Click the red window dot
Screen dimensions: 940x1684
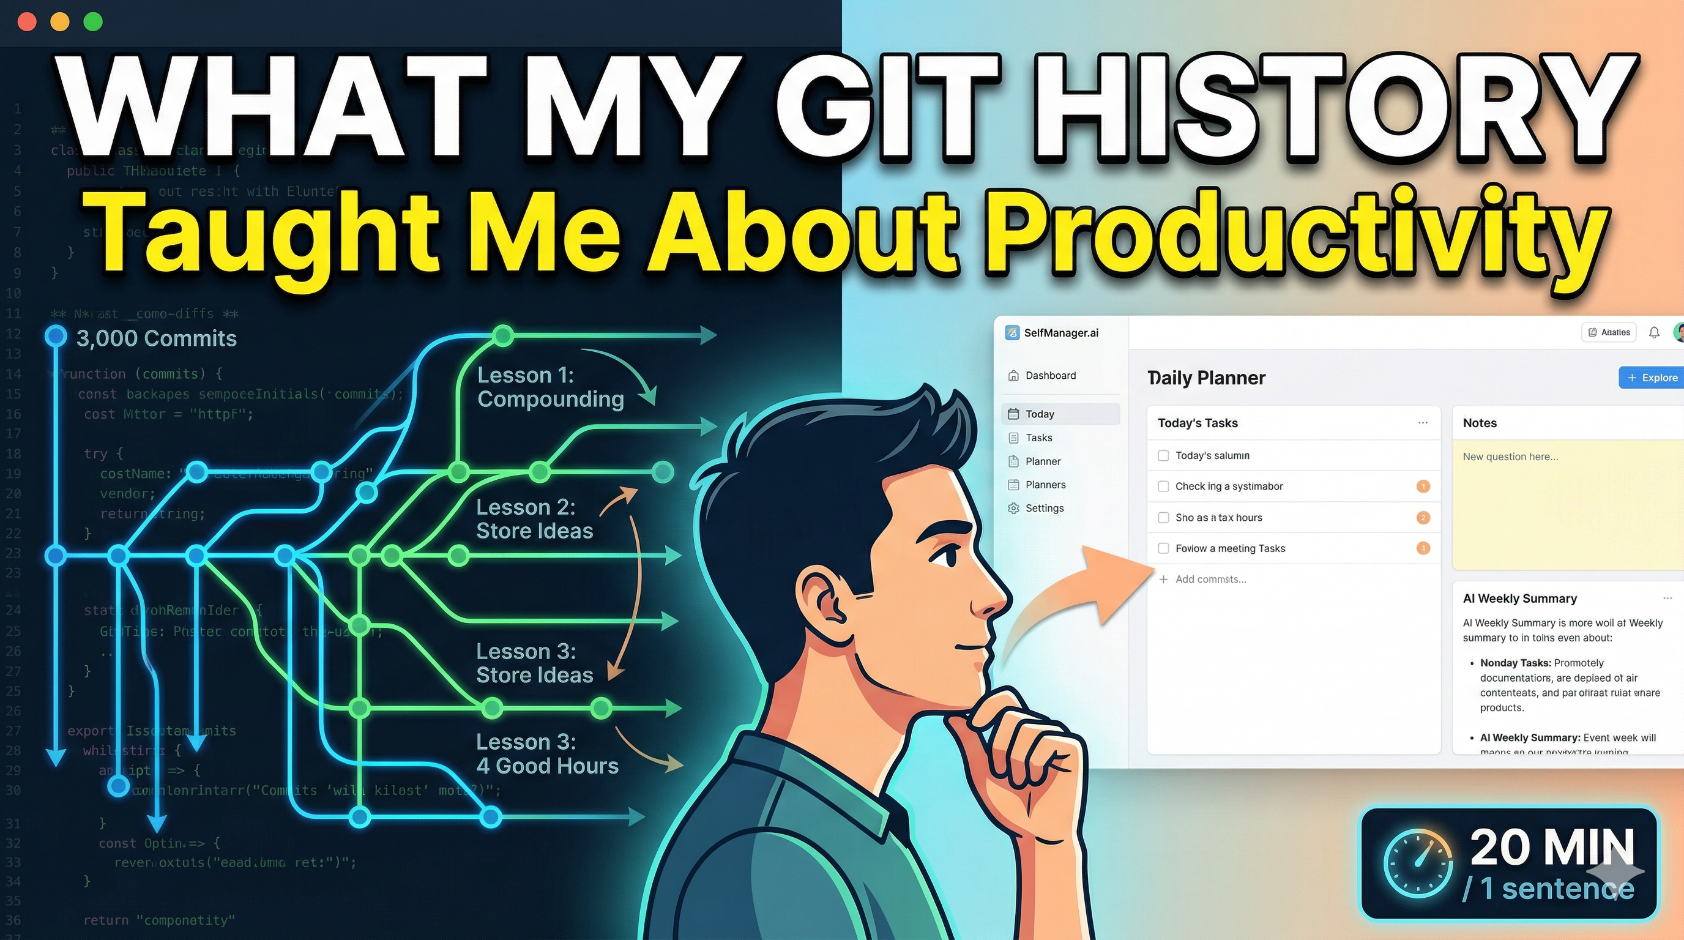coord(27,21)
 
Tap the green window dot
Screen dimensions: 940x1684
coord(93,21)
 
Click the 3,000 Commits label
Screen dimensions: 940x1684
coord(156,338)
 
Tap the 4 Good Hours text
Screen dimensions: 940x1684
coord(547,766)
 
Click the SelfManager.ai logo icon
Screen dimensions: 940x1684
coord(1012,333)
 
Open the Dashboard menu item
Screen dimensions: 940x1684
coord(1050,375)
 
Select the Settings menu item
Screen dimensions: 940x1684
coord(1044,508)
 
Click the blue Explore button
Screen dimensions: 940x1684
coord(1652,377)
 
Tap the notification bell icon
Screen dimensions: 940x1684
coord(1654,333)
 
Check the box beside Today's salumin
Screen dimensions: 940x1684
coord(1163,456)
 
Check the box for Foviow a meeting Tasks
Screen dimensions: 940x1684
coord(1163,548)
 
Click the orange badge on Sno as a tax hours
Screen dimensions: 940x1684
coord(1423,518)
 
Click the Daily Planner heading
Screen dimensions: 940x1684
coord(1206,378)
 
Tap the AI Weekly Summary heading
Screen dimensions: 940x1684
coord(1519,598)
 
